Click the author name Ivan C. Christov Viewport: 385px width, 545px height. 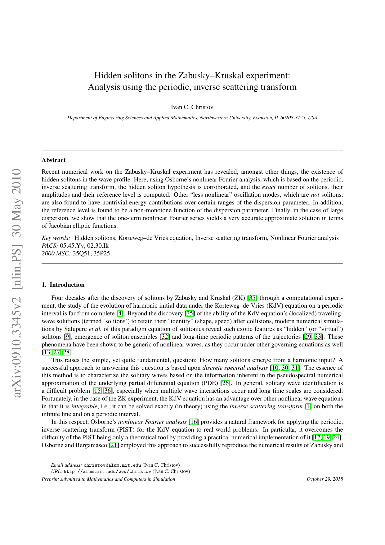192,107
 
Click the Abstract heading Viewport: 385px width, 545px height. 53,160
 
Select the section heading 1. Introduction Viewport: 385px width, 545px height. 63,285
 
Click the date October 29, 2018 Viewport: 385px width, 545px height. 325,479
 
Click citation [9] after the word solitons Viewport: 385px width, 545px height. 67,337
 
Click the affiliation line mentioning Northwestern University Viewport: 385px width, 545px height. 192,118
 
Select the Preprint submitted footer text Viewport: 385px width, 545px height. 108,479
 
